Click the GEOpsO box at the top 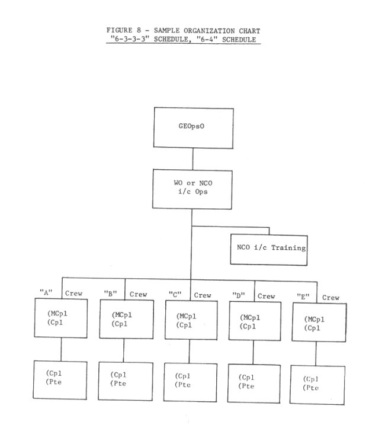click(x=194, y=128)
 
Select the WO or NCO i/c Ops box click(x=192, y=189)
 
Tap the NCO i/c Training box click(x=269, y=250)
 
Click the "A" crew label click(x=61, y=293)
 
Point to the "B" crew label click(x=125, y=294)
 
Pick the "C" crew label click(x=190, y=295)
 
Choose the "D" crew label click(x=254, y=296)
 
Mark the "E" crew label click(x=318, y=297)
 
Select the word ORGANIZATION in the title click(x=209, y=31)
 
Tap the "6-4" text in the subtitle click(x=207, y=40)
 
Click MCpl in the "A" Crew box click(x=57, y=314)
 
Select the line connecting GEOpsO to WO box click(x=192, y=159)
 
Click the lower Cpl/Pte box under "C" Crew click(x=190, y=382)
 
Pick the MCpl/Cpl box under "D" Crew click(x=255, y=321)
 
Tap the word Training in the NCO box click(x=288, y=248)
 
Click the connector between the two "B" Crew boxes click(x=124, y=350)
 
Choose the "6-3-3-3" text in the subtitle click(x=130, y=39)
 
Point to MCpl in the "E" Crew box click(x=315, y=319)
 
